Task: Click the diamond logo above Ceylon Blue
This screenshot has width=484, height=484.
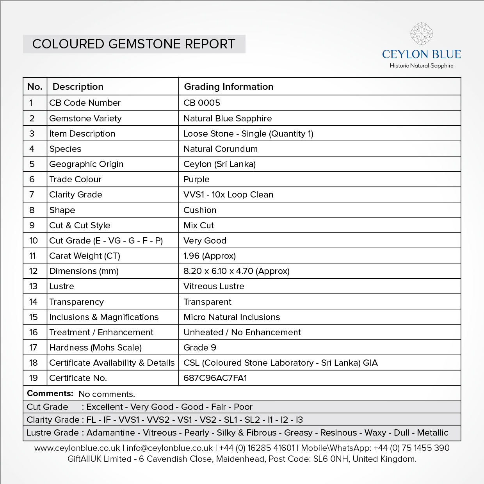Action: pos(422,34)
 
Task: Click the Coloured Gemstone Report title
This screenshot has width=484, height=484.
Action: pos(134,44)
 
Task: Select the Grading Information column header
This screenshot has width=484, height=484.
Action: pos(228,87)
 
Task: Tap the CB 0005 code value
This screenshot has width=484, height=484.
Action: pos(202,103)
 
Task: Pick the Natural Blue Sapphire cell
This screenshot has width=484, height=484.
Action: pos(228,119)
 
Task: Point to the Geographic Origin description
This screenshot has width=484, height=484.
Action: pos(86,164)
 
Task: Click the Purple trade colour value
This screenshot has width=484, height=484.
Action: pos(196,180)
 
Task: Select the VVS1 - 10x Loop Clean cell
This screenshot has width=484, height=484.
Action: pos(228,195)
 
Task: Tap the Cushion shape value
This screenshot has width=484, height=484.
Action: pos(200,210)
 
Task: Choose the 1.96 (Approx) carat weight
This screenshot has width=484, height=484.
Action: pos(210,256)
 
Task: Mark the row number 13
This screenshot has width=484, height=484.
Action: pos(34,286)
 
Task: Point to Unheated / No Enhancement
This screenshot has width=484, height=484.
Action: pos(242,333)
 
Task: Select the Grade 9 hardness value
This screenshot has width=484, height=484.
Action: pos(200,348)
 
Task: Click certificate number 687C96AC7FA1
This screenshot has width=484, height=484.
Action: pos(215,378)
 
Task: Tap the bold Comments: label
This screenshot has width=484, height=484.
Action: pos(50,393)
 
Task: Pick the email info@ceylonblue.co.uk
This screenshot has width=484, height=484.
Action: pos(170,448)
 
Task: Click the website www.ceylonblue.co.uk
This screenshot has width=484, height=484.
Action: pos(77,448)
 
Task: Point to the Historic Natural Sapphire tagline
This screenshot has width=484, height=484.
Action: pos(422,66)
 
